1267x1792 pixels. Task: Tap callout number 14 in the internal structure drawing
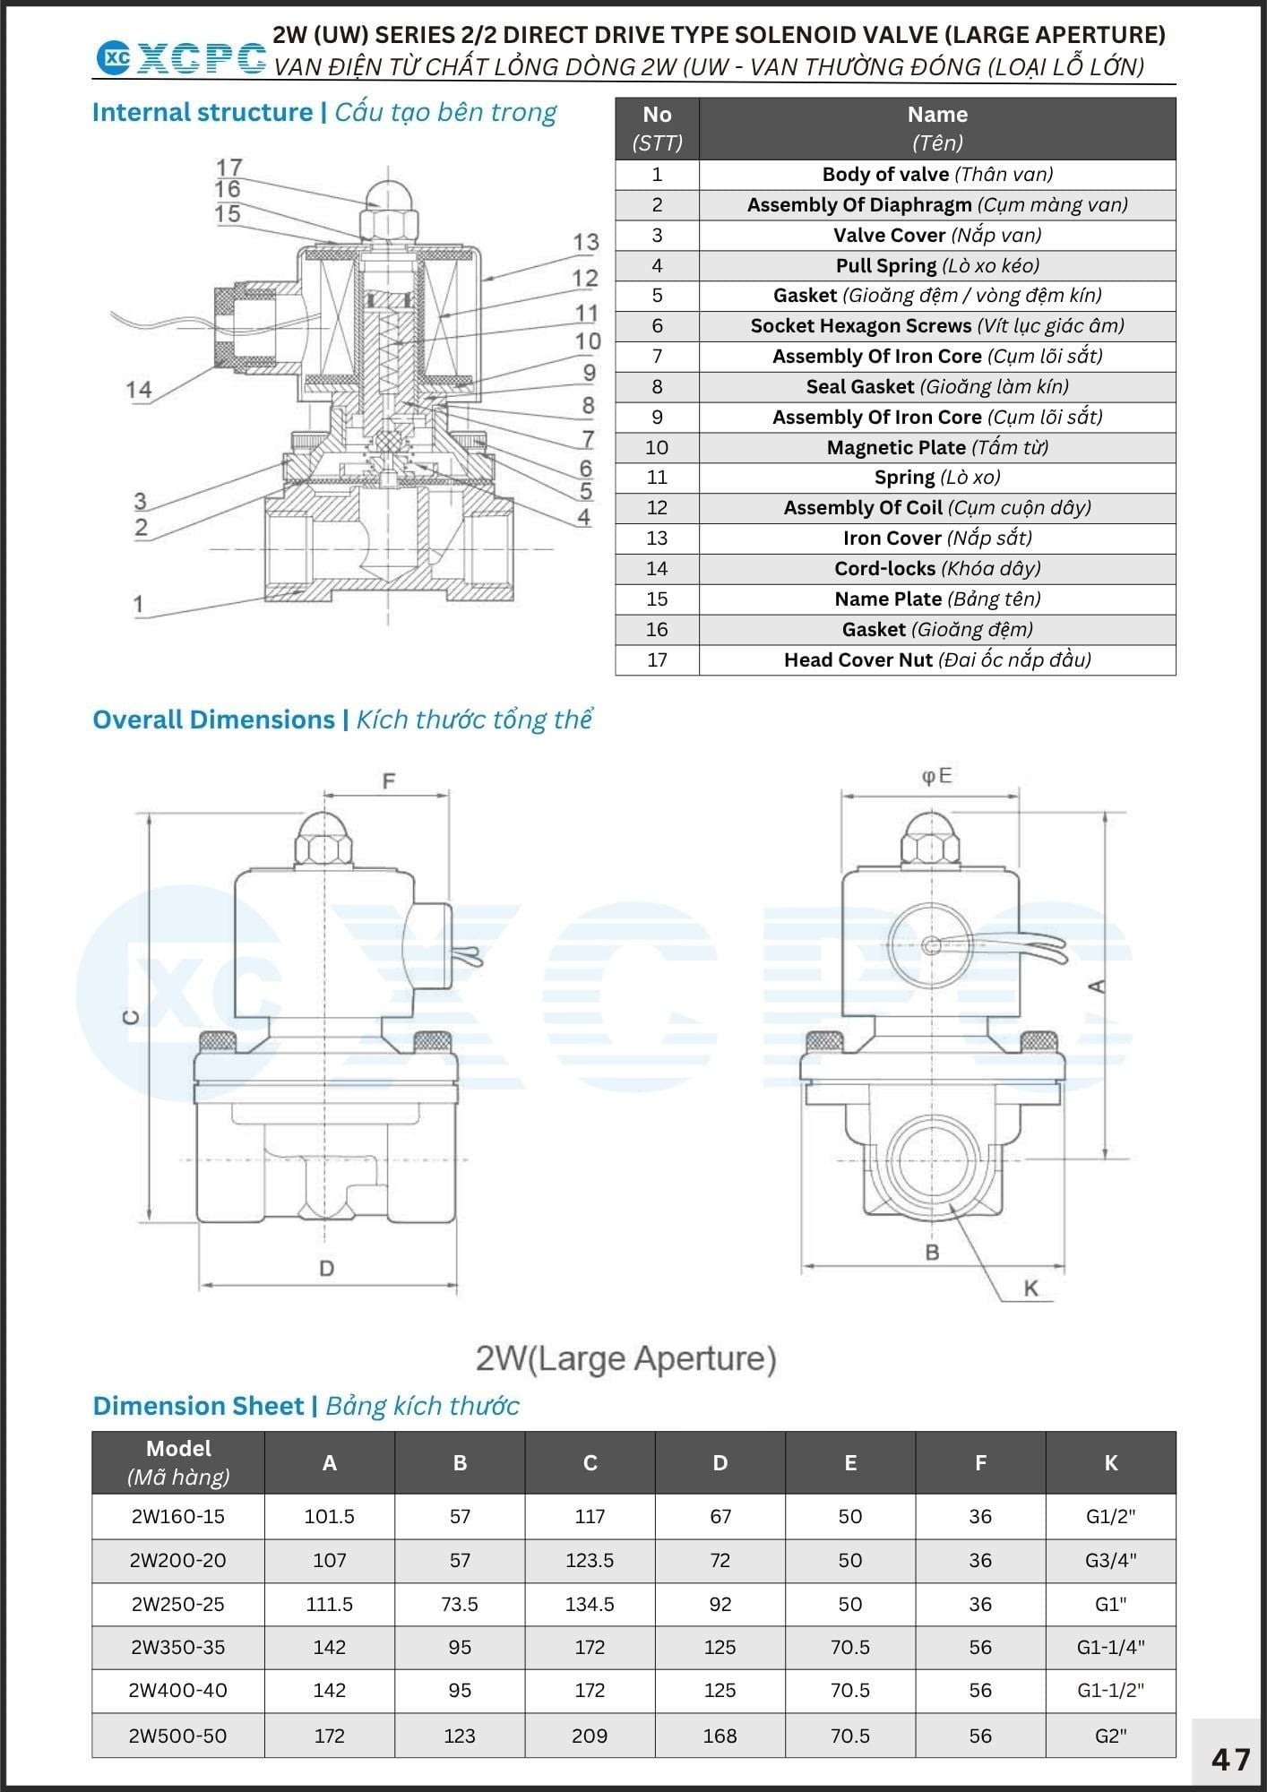[139, 390]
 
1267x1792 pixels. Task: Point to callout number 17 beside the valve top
[229, 168]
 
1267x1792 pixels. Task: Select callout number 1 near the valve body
[138, 605]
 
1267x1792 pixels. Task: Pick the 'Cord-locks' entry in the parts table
[884, 568]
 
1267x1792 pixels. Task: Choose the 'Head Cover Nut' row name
[858, 659]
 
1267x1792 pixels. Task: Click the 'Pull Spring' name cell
[886, 265]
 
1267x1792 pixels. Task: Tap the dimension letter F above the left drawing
[388, 781]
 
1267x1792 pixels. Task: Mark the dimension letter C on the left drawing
[131, 1017]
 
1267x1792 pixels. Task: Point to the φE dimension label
[936, 776]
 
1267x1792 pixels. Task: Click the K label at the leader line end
[1030, 1288]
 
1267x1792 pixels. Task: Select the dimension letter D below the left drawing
[326, 1269]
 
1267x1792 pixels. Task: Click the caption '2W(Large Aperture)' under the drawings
[625, 1358]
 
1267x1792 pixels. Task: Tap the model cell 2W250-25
[178, 1604]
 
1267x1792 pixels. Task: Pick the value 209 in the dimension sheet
[590, 1736]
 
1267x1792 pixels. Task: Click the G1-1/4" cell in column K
[1111, 1647]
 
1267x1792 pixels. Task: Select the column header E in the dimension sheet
[850, 1462]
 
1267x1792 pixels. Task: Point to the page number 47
[1230, 1760]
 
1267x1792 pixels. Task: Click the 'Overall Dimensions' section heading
[213, 719]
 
